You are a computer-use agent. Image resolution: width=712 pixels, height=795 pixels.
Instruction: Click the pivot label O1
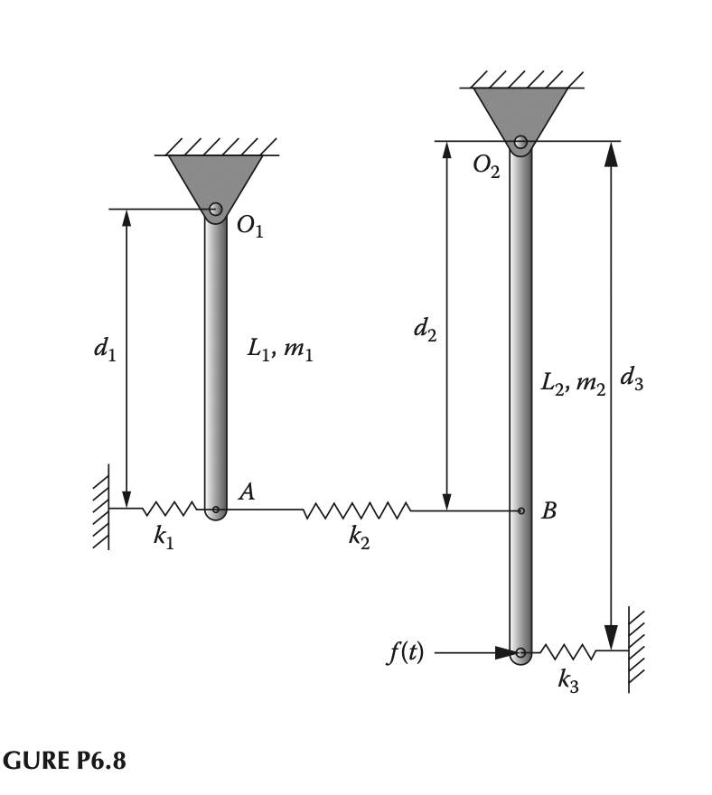(250, 229)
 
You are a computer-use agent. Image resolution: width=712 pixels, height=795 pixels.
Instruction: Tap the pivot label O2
(485, 168)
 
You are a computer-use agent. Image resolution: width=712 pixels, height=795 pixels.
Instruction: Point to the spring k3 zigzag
(568, 651)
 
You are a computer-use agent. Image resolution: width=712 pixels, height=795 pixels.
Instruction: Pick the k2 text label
(359, 538)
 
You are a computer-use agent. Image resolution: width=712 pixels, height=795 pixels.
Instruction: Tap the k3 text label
(568, 681)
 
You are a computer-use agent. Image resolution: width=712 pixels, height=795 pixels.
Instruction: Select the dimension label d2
(425, 331)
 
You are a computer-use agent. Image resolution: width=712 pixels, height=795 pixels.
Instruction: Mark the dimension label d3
(632, 379)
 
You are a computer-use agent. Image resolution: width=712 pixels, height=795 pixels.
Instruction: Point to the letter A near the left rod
(246, 491)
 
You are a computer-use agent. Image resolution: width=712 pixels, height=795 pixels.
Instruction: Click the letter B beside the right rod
(548, 511)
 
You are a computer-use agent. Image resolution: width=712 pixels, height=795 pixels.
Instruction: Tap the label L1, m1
(280, 351)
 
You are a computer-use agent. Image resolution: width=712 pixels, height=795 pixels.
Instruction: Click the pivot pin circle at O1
(215, 210)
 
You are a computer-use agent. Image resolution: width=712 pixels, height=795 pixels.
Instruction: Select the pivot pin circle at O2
(520, 141)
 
